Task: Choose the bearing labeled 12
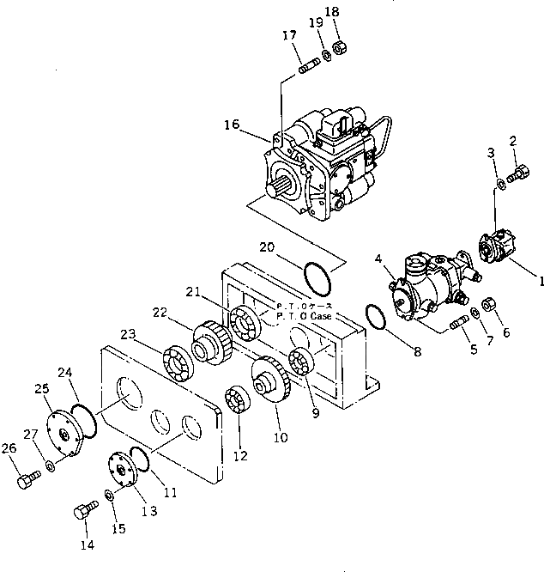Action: [238, 402]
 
